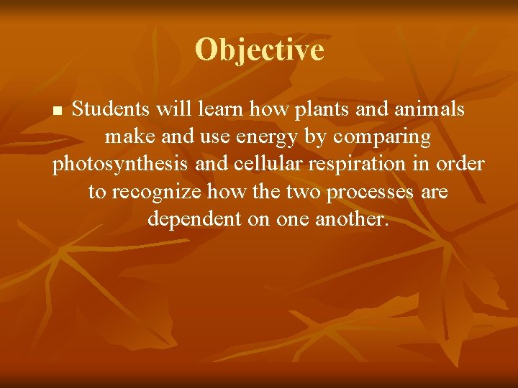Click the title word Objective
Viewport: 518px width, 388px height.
pos(259,50)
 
